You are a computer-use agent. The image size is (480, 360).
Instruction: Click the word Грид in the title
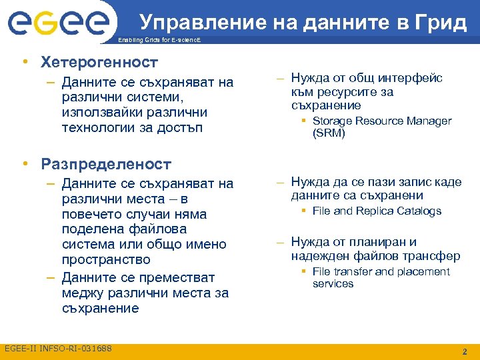[442, 23]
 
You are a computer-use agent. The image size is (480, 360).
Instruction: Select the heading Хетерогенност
[99, 63]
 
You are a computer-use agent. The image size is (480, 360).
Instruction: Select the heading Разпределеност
[106, 163]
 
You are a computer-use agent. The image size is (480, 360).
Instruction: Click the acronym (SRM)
[329, 133]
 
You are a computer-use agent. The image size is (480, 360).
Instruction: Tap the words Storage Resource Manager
[381, 121]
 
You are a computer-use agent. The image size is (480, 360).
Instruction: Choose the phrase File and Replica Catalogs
[377, 211]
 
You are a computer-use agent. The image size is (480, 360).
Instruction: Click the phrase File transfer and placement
[381, 272]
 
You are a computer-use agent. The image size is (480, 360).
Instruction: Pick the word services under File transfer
[333, 284]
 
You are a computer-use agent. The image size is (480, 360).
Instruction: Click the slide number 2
[465, 351]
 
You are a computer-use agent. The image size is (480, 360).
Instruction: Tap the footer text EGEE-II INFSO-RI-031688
[58, 349]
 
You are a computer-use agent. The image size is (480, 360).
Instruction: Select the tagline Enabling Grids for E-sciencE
[158, 41]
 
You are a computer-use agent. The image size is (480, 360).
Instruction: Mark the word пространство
[106, 259]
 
